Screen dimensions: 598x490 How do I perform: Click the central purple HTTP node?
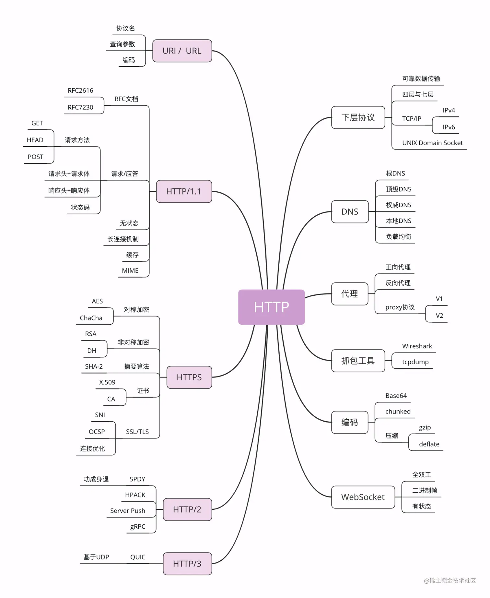point(271,307)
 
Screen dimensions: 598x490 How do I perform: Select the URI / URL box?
point(182,51)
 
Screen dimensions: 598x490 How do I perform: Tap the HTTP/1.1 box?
point(184,191)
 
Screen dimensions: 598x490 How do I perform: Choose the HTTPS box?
point(189,377)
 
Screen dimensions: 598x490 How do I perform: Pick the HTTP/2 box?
point(187,509)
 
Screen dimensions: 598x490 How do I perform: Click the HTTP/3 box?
point(187,564)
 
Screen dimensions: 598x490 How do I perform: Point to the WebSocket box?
point(363,497)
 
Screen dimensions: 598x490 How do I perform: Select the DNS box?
point(350,212)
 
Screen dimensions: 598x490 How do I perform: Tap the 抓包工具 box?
point(358,361)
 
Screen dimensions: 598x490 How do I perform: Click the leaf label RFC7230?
point(80,107)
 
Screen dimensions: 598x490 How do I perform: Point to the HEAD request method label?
point(35,140)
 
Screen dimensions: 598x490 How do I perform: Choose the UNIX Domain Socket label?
point(432,143)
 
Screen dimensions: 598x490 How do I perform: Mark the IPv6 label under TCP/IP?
point(449,127)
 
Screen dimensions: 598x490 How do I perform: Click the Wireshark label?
point(417,346)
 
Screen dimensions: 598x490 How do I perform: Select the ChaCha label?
point(91,318)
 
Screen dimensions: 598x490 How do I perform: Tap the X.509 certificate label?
point(107,382)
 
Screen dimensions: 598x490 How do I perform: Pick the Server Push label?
point(128,511)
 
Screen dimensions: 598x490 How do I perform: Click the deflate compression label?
point(429,444)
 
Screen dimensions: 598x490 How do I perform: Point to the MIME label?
point(130,271)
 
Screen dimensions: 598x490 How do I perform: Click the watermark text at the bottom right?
point(450,580)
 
